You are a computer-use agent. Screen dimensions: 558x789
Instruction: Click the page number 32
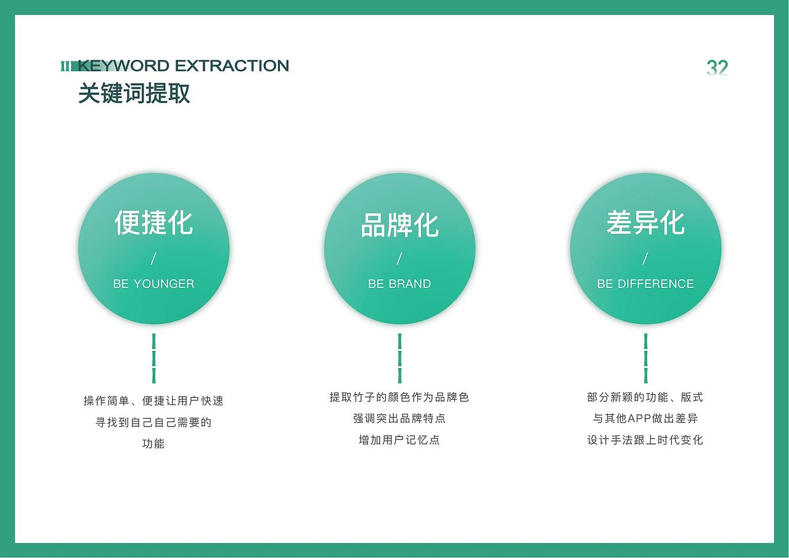[717, 68]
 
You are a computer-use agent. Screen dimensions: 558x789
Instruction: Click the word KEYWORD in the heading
[123, 66]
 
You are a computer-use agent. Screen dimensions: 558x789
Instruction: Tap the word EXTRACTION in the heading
[232, 66]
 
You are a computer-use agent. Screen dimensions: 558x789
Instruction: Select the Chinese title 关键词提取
[134, 94]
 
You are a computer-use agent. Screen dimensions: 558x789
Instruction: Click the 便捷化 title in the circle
[153, 223]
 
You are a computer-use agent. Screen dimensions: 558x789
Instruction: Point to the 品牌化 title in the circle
[399, 225]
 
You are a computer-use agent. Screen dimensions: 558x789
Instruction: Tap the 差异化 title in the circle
[645, 223]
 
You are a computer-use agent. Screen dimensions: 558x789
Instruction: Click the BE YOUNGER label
[153, 284]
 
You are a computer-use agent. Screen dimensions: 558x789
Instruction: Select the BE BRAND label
[399, 284]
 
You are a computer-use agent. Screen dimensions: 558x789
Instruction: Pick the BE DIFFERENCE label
[645, 284]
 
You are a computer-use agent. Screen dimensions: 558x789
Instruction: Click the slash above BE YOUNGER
[153, 258]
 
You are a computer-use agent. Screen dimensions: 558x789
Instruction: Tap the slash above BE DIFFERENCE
[645, 258]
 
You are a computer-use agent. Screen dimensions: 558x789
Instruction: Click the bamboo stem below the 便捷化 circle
[153, 358]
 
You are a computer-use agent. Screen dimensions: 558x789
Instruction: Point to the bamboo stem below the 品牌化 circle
[399, 358]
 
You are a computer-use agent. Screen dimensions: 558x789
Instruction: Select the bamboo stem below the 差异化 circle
[645, 358]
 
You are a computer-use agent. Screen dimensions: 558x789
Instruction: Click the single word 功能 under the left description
[153, 443]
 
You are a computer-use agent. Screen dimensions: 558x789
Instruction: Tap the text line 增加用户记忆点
[399, 440]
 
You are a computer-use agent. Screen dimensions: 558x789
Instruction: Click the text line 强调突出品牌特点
[399, 419]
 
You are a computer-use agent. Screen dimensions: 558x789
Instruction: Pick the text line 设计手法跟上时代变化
[645, 440]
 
